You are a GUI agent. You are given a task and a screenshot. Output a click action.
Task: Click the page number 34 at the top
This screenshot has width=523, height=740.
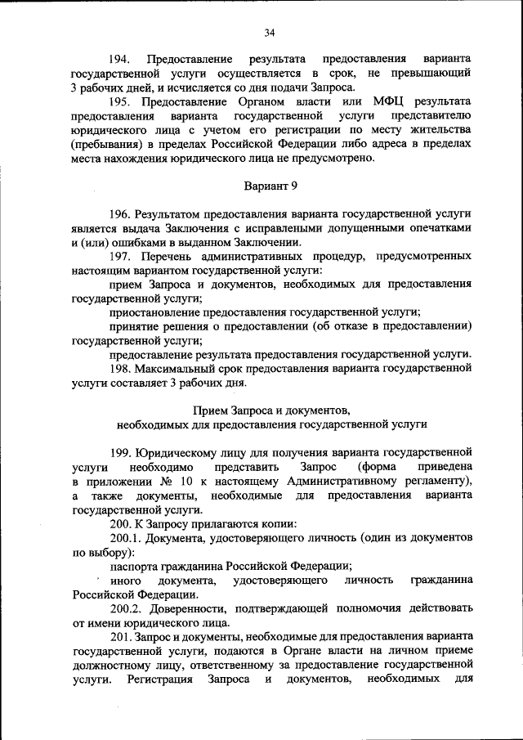(269, 33)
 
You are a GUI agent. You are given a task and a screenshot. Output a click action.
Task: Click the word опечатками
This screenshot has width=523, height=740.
(435, 228)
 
